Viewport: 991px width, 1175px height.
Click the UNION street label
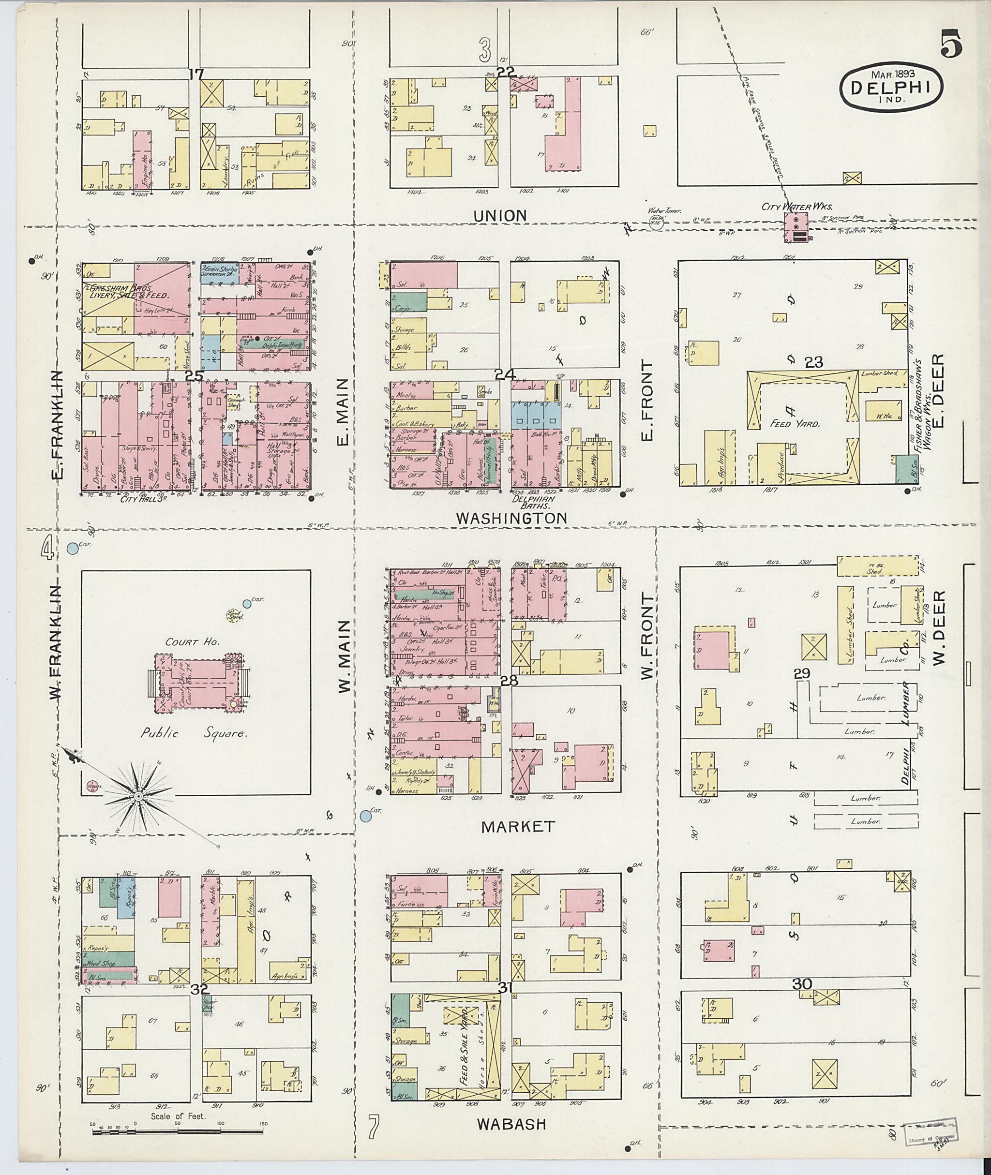coord(500,215)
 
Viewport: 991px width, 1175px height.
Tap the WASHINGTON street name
coord(511,518)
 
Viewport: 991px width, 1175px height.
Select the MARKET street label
coord(518,826)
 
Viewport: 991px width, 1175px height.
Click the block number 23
coord(813,363)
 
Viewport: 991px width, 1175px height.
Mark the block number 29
coord(802,673)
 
